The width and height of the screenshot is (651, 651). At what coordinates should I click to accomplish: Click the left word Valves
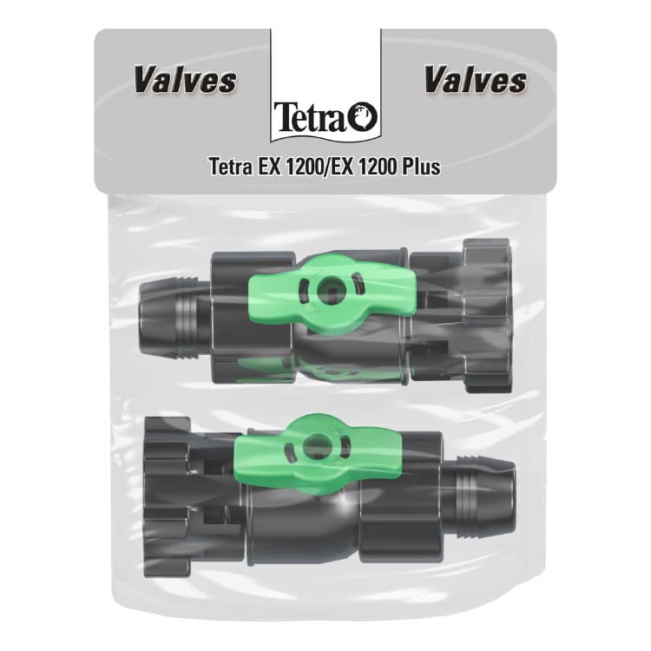click(185, 81)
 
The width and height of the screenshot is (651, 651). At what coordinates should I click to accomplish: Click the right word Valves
click(476, 81)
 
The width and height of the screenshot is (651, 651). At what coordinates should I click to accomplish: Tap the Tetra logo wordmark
click(310, 116)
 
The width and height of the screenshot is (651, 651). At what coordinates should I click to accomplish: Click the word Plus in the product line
click(421, 167)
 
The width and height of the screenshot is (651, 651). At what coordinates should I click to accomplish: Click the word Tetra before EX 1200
click(230, 167)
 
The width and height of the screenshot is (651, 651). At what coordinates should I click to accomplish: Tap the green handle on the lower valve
click(319, 450)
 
